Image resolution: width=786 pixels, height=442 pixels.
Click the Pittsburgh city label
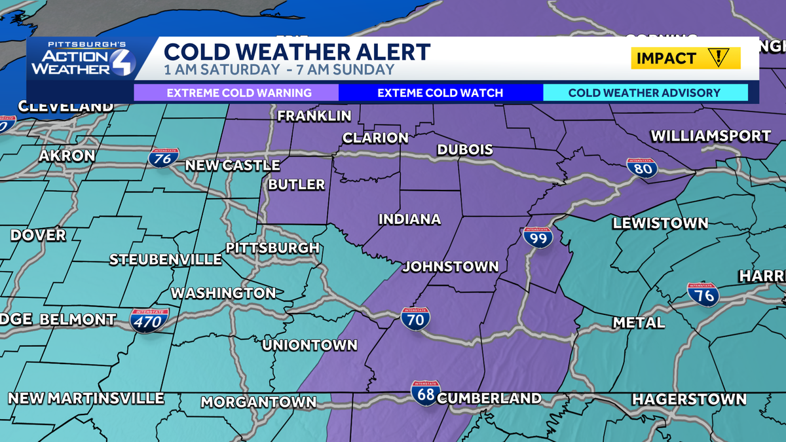click(x=272, y=248)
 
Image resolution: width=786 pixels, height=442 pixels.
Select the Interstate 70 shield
click(x=416, y=318)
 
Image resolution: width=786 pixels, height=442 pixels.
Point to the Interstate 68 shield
click(x=426, y=393)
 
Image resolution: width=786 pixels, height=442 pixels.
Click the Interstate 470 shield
click(x=149, y=320)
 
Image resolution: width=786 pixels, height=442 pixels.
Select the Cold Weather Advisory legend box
click(x=645, y=92)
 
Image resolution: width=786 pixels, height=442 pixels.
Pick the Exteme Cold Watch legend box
click(x=441, y=92)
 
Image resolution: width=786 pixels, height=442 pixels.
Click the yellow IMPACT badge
click(x=686, y=58)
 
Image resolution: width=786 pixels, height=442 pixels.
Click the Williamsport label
click(x=711, y=136)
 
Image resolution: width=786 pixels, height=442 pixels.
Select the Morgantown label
click(x=258, y=402)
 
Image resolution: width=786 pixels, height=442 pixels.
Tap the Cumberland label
click(x=489, y=398)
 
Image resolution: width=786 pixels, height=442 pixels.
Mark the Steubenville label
click(x=165, y=259)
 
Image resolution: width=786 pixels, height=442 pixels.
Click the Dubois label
click(x=465, y=150)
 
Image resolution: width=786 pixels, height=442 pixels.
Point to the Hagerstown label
click(x=688, y=399)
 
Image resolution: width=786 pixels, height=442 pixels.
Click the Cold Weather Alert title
click(x=297, y=52)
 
